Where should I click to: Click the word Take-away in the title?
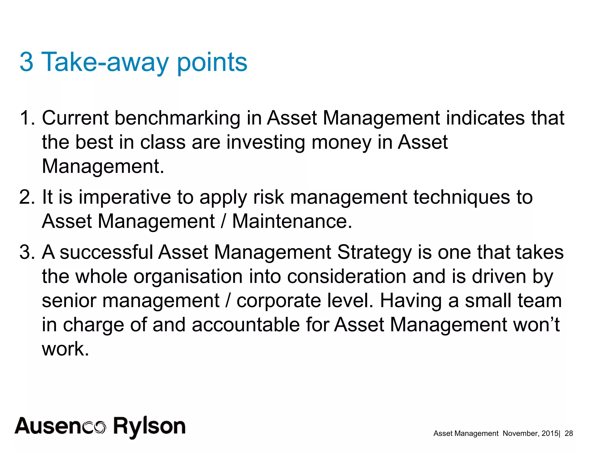tap(105, 62)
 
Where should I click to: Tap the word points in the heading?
tap(212, 63)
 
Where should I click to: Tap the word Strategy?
tap(374, 253)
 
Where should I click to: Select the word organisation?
tap(188, 277)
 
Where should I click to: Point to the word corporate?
tap(279, 301)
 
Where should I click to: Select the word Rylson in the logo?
tap(149, 427)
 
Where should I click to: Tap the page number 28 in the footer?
tap(569, 433)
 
